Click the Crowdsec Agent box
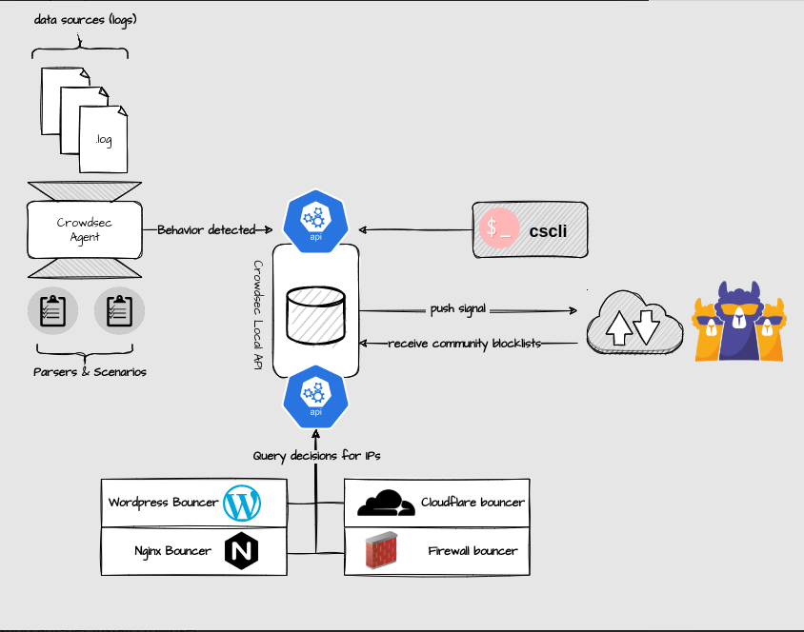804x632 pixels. (x=85, y=229)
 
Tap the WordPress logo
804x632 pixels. (x=242, y=504)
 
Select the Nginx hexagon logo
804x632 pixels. (x=242, y=550)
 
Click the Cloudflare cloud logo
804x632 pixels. (x=386, y=503)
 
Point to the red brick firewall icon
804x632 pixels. (x=381, y=550)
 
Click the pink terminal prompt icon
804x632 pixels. (x=499, y=227)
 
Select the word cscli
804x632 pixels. (x=548, y=231)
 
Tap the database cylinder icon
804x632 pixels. (x=315, y=315)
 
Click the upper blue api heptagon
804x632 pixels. (x=316, y=221)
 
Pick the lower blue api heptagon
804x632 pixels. (x=316, y=397)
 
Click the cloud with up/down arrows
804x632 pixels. (x=634, y=323)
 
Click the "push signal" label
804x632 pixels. (x=458, y=309)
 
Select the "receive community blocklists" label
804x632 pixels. (x=465, y=344)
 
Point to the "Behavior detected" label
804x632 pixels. (x=206, y=230)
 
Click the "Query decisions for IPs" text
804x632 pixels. (x=316, y=456)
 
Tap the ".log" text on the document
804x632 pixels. (x=104, y=140)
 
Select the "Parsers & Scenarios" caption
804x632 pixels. (x=90, y=372)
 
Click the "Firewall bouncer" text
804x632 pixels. (x=472, y=550)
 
